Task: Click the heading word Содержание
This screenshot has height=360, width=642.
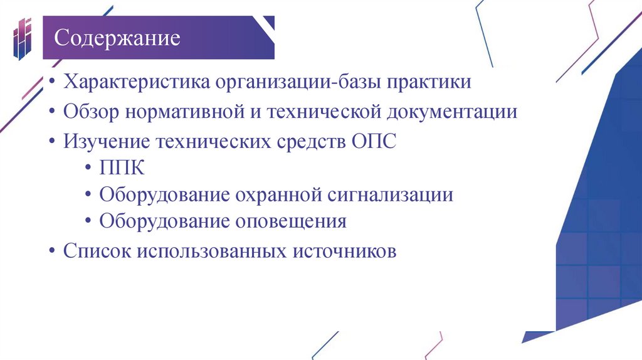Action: click(x=117, y=38)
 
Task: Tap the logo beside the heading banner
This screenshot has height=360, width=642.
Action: click(x=22, y=39)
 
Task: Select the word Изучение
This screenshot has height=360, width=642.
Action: click(x=103, y=142)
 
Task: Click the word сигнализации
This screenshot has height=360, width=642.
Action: click(x=390, y=196)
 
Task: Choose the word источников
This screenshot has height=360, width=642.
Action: click(x=344, y=251)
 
